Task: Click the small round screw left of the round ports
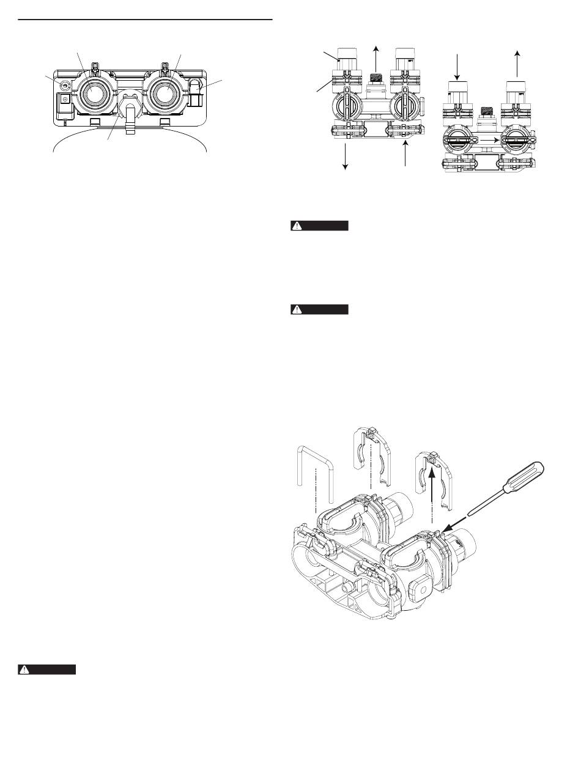[x=62, y=84]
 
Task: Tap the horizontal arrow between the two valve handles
[x=486, y=139]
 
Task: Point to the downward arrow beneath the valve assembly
[x=346, y=158]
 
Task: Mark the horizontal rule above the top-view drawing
[x=144, y=20]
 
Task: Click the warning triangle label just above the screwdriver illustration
[x=319, y=309]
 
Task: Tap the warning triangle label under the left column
[x=46, y=669]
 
